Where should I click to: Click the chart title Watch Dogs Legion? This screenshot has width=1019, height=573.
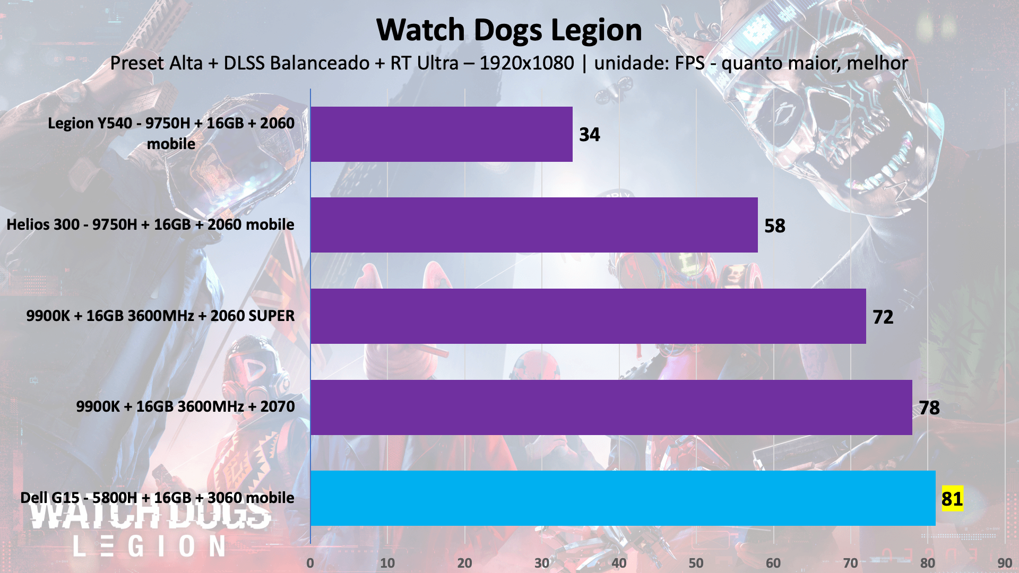tap(509, 30)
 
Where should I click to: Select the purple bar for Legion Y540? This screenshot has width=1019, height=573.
tap(441, 134)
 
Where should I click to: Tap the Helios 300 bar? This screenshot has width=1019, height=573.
tap(533, 225)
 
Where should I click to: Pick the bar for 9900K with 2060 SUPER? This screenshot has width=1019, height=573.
tap(588, 316)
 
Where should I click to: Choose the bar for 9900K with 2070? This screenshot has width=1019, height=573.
tap(611, 407)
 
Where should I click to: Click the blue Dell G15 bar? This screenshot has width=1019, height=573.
tap(623, 498)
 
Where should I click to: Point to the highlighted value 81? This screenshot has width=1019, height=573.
tap(952, 499)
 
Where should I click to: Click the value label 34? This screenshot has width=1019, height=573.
tap(589, 135)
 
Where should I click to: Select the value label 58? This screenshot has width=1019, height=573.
tap(774, 226)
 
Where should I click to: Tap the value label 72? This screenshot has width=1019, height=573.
tap(883, 317)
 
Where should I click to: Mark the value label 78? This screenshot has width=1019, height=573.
tap(929, 408)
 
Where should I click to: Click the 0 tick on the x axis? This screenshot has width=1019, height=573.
tap(310, 563)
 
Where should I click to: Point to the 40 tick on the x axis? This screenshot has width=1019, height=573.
tap(619, 563)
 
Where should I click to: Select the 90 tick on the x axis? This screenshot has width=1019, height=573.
tap(1005, 563)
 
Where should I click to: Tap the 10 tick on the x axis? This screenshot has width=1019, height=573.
tap(387, 563)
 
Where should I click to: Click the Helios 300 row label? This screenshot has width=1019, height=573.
tap(150, 224)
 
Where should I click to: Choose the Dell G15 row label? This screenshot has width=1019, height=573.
tap(157, 498)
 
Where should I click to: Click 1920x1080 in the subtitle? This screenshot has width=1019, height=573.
tap(526, 63)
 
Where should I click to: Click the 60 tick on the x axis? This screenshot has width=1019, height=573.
tap(773, 563)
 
